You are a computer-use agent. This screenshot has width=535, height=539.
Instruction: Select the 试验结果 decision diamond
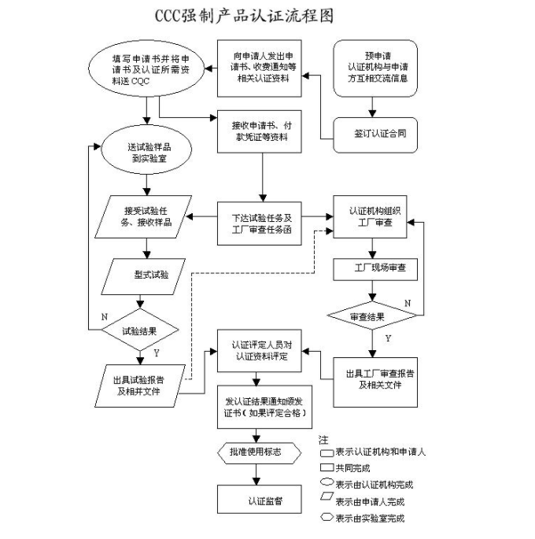tap(141, 331)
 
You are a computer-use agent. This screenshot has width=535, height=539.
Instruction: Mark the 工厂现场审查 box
tap(374, 269)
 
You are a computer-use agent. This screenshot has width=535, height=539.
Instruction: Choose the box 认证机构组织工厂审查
tap(374, 218)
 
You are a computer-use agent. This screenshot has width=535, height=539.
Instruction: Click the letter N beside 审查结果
tap(408, 303)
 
